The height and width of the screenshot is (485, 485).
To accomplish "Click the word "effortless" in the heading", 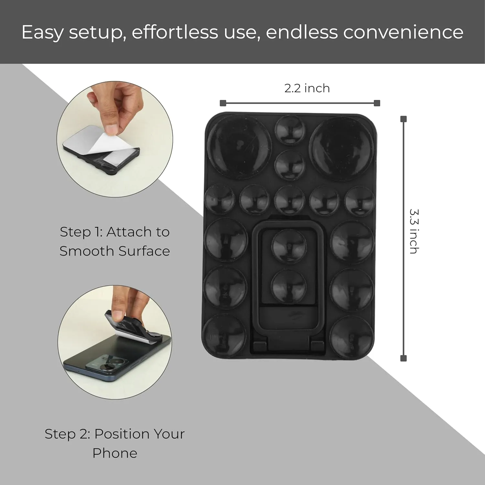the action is pos(175,32).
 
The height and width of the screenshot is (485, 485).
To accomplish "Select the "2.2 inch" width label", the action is pos(307,88).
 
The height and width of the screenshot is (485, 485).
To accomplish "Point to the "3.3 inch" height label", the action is pos(414,231).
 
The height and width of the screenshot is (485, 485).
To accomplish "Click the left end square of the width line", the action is pos(222,103).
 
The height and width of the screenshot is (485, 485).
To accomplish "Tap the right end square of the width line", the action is pos(377,103).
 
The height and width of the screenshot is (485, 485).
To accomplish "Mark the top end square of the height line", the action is pos(403,119).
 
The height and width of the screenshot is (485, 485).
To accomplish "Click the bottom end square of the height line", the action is pos(403,358).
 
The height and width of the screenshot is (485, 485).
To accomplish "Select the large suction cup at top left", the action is pos(239,147).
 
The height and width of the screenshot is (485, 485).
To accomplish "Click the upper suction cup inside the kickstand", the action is pos(289,246).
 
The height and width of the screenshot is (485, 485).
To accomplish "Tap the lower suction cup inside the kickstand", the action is pos(289,286).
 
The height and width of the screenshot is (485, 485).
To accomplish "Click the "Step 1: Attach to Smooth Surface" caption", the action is pos(115,241).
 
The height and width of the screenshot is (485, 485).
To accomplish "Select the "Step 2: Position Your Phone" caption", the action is pos(115,443).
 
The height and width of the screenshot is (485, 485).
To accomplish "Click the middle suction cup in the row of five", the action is pos(289,200).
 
